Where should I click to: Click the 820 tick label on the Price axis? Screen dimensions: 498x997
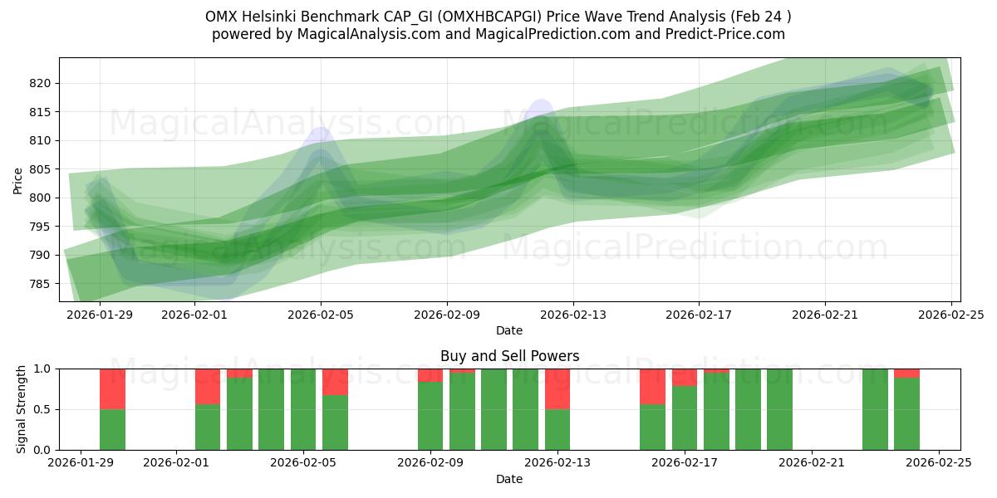coord(41,83)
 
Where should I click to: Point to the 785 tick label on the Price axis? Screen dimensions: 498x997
coord(41,284)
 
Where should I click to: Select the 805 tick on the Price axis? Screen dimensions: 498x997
coord(41,169)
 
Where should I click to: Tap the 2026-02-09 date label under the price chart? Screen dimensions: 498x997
coord(447,315)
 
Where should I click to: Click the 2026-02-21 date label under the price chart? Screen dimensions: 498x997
coord(825,315)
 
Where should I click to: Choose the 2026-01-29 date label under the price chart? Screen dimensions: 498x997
coord(101,315)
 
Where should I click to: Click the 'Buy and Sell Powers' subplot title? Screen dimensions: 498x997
coord(509,356)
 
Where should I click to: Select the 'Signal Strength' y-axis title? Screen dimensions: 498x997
coord(22,409)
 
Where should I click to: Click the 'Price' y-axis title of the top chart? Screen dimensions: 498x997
coord(18,180)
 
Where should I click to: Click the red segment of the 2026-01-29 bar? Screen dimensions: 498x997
coord(112,388)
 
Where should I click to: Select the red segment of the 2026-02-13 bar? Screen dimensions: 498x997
coord(557,388)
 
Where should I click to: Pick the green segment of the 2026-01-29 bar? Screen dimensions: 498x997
coord(112,430)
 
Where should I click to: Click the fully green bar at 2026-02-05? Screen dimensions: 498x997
coord(303,409)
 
